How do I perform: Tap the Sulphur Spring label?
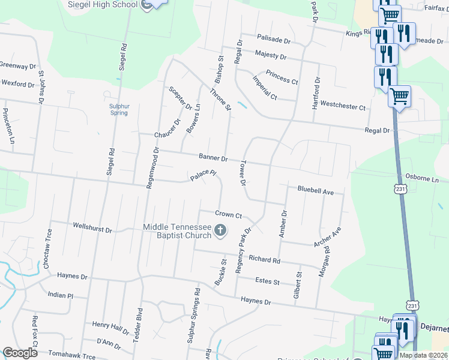click(119, 109)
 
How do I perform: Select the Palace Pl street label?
click(203, 175)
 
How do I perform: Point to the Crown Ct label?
click(228, 214)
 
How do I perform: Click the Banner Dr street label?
click(213, 158)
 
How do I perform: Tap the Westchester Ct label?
click(342, 107)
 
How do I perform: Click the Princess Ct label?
click(282, 77)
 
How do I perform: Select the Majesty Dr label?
click(270, 56)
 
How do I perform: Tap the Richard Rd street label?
click(264, 260)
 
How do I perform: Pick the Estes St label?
click(267, 281)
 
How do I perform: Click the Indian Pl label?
click(60, 296)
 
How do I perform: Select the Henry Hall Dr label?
click(110, 327)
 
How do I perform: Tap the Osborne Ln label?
click(423, 179)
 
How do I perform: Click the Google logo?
click(20, 353)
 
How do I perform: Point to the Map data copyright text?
click(424, 355)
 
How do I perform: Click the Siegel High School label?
click(104, 5)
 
